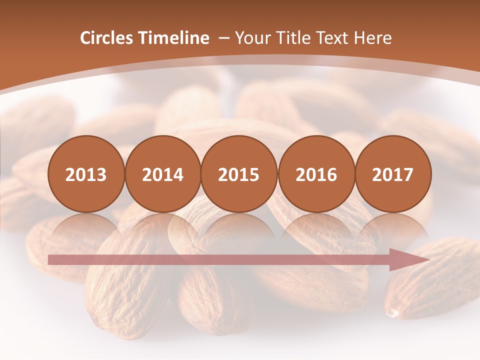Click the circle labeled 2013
point(86,174)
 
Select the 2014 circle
point(162,174)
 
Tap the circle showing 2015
point(239,174)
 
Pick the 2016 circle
point(316,174)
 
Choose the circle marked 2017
point(393,174)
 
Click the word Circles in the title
point(107,38)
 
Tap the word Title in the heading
point(292,38)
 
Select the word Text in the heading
point(332,38)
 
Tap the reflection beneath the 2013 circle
point(86,227)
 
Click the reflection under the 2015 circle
point(239,227)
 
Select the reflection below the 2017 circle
point(393,227)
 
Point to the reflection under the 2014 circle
point(162,227)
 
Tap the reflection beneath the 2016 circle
point(316,227)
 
